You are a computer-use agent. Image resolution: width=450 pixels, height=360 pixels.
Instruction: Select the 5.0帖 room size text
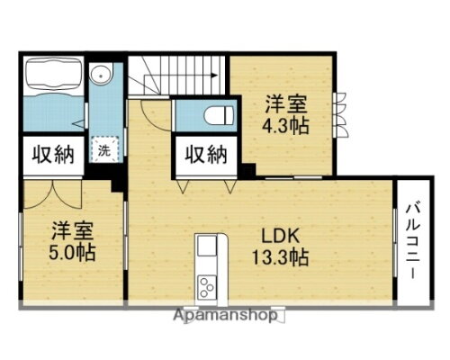click(x=74, y=250)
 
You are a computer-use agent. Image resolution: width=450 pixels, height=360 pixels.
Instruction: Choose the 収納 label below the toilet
click(x=206, y=154)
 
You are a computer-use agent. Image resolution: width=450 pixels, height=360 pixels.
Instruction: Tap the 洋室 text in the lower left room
click(x=74, y=228)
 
